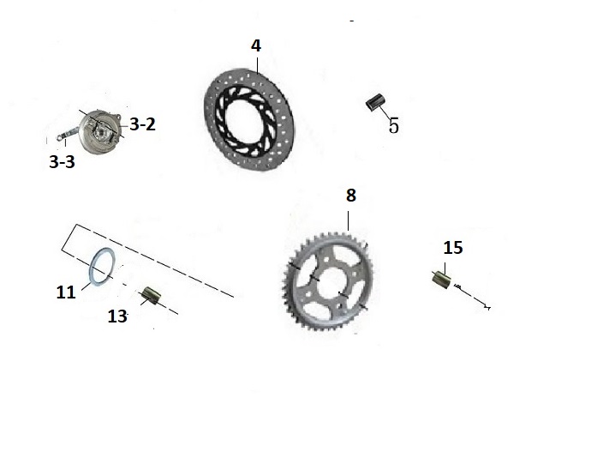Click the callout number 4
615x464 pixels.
tap(256, 46)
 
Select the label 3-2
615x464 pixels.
tap(142, 124)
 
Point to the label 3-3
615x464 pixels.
tap(62, 162)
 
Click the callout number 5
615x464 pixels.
tap(394, 126)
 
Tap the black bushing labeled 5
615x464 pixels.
tap(375, 103)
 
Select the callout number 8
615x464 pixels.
tap(350, 196)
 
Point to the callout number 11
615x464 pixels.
tap(66, 292)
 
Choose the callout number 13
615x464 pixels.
tap(117, 316)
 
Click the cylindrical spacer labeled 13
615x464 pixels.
tap(151, 295)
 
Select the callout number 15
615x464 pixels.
tap(453, 248)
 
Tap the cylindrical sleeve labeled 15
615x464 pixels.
tap(442, 280)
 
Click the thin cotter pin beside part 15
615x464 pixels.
tap(472, 297)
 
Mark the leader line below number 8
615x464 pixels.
tap(349, 220)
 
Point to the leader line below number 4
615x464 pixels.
tap(257, 65)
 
